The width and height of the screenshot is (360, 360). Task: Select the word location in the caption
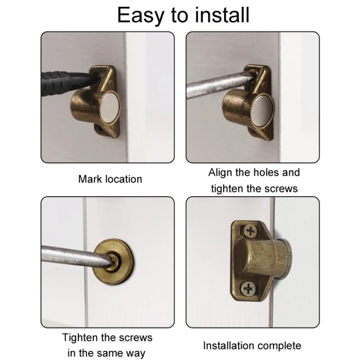pos(123,179)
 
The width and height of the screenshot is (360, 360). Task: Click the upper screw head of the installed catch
pos(251,232)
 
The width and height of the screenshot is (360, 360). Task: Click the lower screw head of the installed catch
pos(249,288)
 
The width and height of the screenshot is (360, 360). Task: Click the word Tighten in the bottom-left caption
pos(82,337)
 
